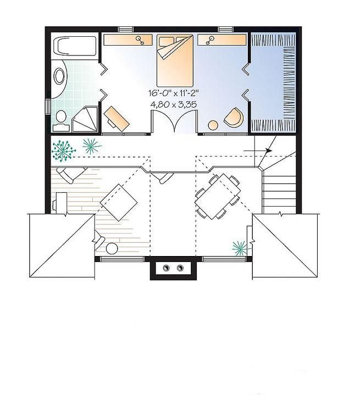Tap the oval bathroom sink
coord(59,76)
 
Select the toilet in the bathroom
coord(61,118)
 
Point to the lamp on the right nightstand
coord(209,40)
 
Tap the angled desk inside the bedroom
coord(117,117)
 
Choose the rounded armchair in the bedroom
coord(234,117)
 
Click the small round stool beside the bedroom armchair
coord(213,125)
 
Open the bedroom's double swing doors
coord(174,122)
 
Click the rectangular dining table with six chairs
coord(218,196)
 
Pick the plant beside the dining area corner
coord(240,248)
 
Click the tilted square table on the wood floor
coord(119,203)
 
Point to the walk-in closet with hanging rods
coord(273,82)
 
